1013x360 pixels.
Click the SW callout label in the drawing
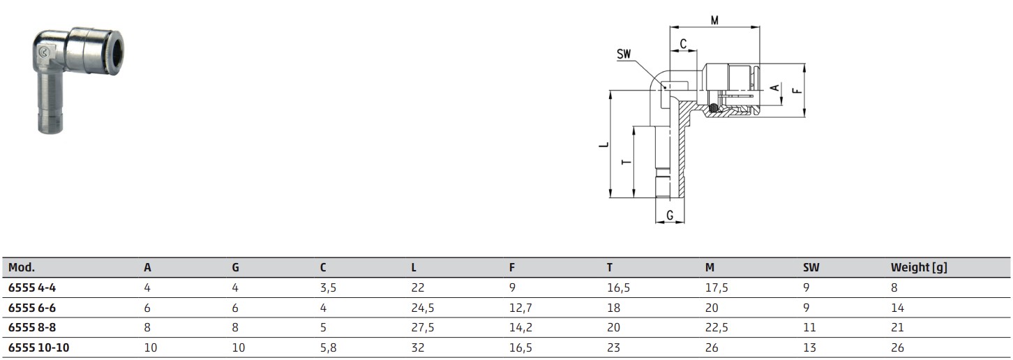pyautogui.click(x=624, y=54)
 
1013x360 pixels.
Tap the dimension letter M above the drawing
pyautogui.click(x=714, y=20)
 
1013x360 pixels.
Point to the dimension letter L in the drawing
pyautogui.click(x=604, y=145)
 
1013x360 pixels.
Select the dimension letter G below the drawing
pyautogui.click(x=670, y=216)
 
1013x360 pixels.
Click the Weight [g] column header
pyautogui.click(x=918, y=267)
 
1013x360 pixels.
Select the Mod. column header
pyautogui.click(x=21, y=267)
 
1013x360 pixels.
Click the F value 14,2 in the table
pyautogui.click(x=520, y=327)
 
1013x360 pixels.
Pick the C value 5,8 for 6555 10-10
pyautogui.click(x=328, y=347)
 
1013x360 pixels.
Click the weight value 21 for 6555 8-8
pyautogui.click(x=897, y=327)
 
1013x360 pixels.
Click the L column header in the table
pyautogui.click(x=414, y=267)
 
